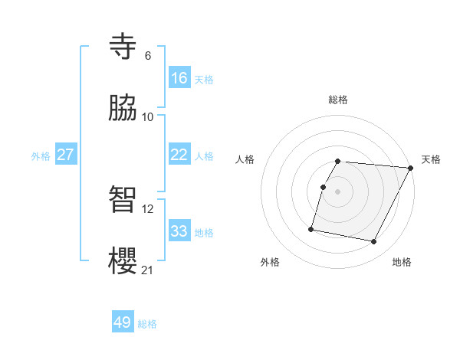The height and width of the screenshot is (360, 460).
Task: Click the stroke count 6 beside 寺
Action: point(147,56)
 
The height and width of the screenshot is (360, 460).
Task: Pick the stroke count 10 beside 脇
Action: point(148,116)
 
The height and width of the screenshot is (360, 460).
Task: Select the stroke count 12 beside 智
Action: point(148,208)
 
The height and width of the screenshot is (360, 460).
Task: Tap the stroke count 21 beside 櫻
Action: point(148,270)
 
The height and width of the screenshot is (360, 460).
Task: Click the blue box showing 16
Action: point(179,78)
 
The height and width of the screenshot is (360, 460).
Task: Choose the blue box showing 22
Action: point(179,155)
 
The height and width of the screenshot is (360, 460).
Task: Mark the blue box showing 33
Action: point(179,231)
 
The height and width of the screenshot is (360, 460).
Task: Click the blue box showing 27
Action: point(65,155)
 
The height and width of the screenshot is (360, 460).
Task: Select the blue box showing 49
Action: point(122,322)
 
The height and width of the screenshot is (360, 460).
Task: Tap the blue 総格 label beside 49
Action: point(147,324)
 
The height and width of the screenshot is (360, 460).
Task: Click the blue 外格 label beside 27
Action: point(41,156)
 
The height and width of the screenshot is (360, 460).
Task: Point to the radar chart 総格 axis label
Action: point(338,100)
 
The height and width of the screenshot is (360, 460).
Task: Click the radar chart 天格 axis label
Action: point(431,159)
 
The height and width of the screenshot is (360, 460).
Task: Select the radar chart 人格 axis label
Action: point(245,159)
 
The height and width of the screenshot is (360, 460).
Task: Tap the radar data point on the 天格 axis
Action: point(410,168)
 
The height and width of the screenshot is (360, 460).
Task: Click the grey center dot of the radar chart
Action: point(338,191)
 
